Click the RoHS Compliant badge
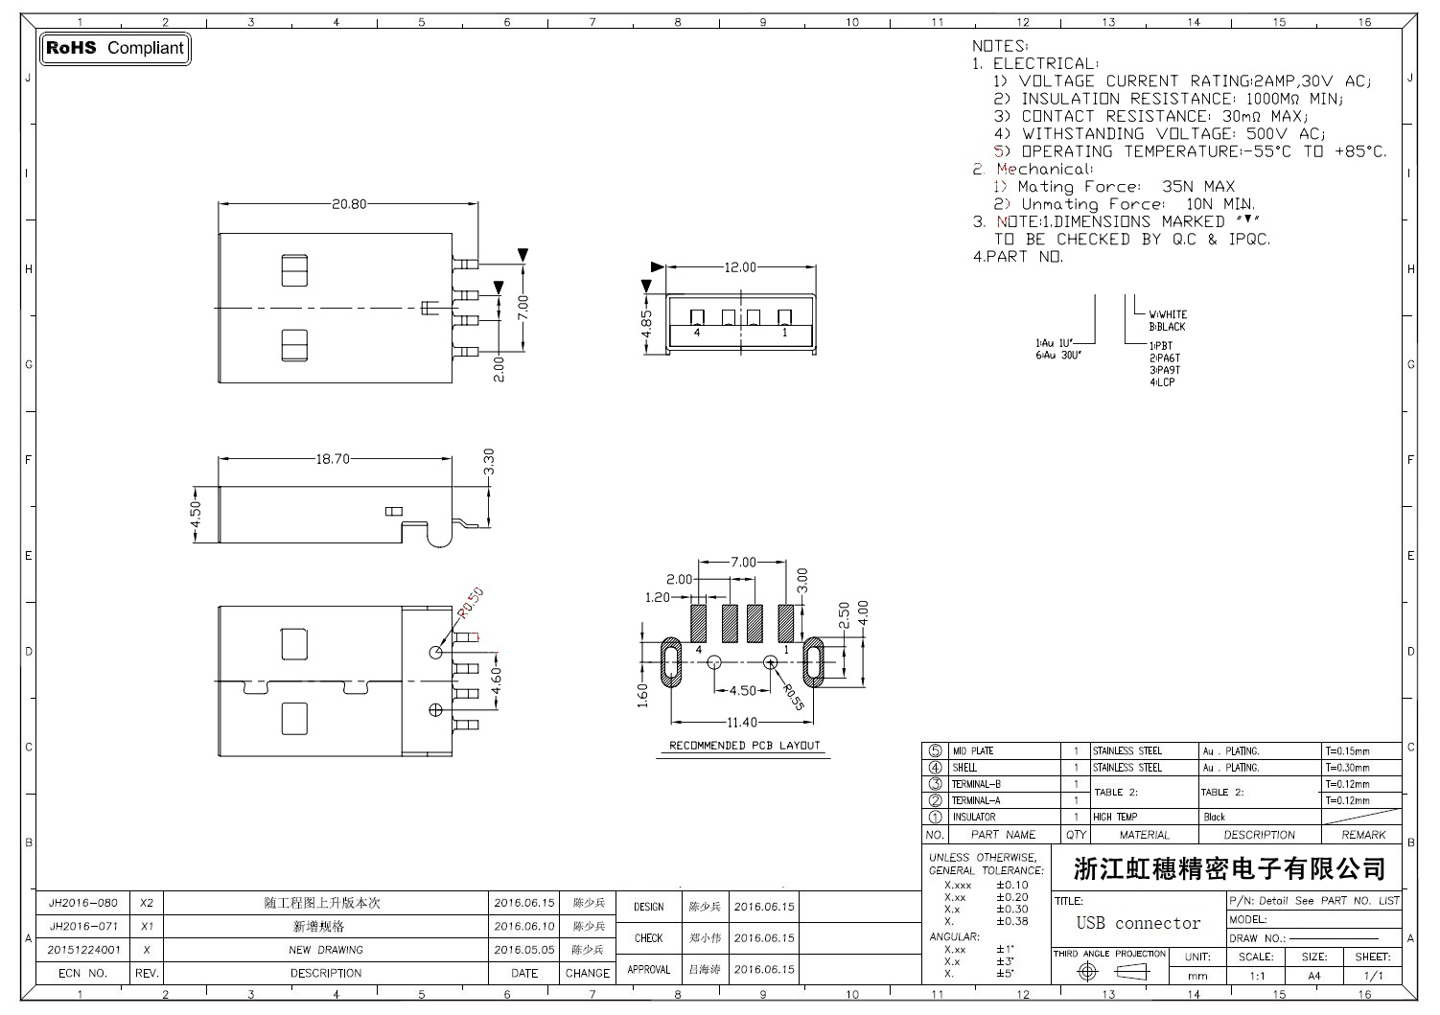click(x=115, y=48)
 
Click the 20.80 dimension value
click(x=349, y=204)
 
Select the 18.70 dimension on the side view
click(x=333, y=459)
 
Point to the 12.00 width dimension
click(x=739, y=267)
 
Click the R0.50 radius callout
click(x=471, y=602)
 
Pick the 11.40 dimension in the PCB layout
click(x=741, y=722)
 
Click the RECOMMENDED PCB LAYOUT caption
click(x=745, y=746)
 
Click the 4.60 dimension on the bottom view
click(x=495, y=681)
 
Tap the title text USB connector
click(x=1138, y=923)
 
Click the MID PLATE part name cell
click(x=972, y=751)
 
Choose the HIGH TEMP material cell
click(x=1115, y=818)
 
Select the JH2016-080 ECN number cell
click(x=83, y=903)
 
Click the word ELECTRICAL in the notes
click(x=1045, y=63)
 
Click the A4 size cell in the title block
click(x=1313, y=976)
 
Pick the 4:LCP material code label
click(x=1162, y=382)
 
